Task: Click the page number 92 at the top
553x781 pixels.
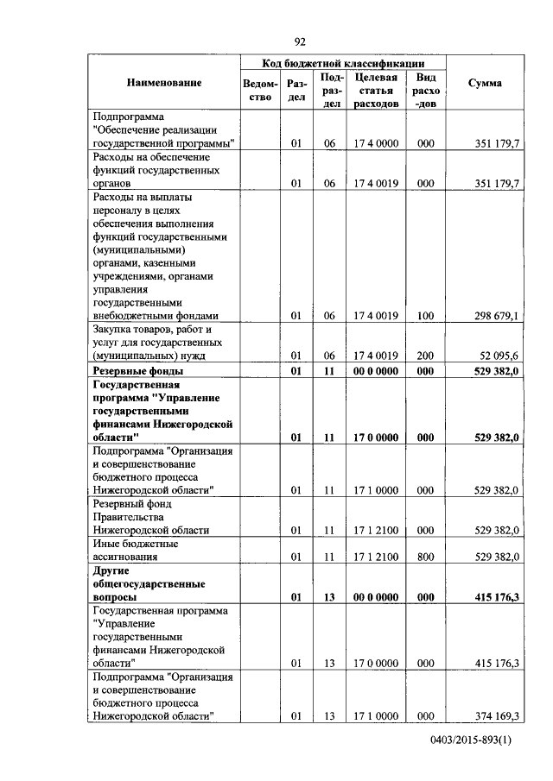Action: click(x=300, y=41)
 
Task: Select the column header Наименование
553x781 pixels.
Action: click(x=164, y=83)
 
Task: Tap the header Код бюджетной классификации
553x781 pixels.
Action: click(x=343, y=63)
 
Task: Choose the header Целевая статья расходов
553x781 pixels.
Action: click(x=376, y=91)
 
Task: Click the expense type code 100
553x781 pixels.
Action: click(x=425, y=316)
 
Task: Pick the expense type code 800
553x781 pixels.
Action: click(x=425, y=558)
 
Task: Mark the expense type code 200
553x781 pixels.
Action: click(x=425, y=356)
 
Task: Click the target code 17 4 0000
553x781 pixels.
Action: click(x=376, y=143)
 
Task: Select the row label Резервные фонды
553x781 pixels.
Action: click(x=137, y=371)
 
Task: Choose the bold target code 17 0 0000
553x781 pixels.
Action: click(x=376, y=438)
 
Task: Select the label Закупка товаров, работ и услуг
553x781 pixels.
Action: click(x=151, y=343)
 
